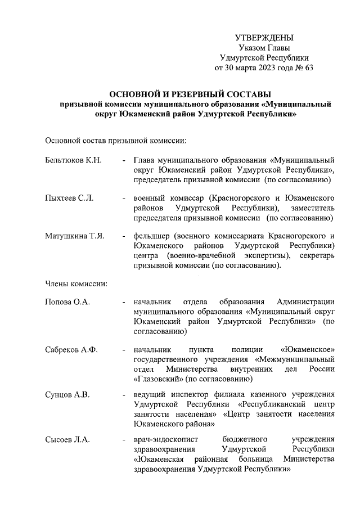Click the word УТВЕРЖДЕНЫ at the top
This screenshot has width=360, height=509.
click(264, 38)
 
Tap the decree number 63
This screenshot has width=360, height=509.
click(307, 68)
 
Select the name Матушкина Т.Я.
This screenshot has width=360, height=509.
click(74, 236)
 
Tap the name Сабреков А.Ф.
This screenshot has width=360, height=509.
click(71, 350)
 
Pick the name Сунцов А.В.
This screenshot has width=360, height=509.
click(67, 394)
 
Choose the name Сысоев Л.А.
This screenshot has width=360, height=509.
click(67, 439)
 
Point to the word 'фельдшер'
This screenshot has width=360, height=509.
click(152, 236)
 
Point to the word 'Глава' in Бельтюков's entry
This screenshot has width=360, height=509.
click(144, 160)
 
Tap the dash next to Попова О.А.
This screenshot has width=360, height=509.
click(123, 302)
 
